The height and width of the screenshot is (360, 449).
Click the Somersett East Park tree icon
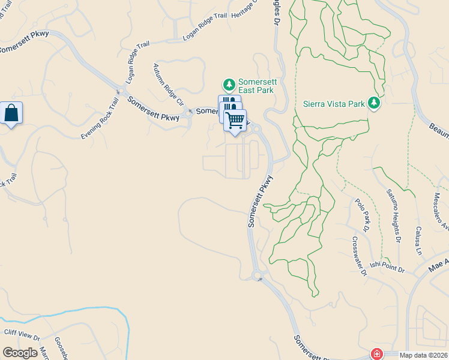pyautogui.click(x=228, y=84)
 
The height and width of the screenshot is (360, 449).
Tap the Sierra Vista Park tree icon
pyautogui.click(x=375, y=103)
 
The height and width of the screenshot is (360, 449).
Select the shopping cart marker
pyautogui.click(x=235, y=119)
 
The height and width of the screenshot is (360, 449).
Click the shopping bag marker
pyautogui.click(x=11, y=113)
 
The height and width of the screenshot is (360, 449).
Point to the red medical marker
pyautogui.click(x=376, y=354)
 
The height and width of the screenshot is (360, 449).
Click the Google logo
pyautogui.click(x=20, y=353)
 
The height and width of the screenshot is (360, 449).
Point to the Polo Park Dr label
pyautogui.click(x=361, y=215)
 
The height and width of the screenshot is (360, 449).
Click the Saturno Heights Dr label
pyautogui.click(x=393, y=215)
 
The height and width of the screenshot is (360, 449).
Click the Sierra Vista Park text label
pyautogui.click(x=334, y=103)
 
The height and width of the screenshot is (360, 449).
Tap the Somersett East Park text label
pyautogui.click(x=256, y=86)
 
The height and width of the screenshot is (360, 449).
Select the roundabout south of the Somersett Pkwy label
pyautogui.click(x=258, y=276)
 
